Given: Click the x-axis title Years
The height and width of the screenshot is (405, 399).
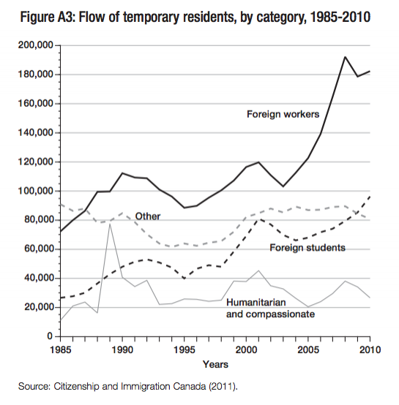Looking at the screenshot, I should point(216,363).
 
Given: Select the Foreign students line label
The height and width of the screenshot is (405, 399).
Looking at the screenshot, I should point(307,248).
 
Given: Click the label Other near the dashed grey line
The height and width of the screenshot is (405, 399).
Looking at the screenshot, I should point(147,216).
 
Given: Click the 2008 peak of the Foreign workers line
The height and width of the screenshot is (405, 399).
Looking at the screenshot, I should point(345,56).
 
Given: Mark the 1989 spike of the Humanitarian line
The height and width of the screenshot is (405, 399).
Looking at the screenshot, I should point(110,224).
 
